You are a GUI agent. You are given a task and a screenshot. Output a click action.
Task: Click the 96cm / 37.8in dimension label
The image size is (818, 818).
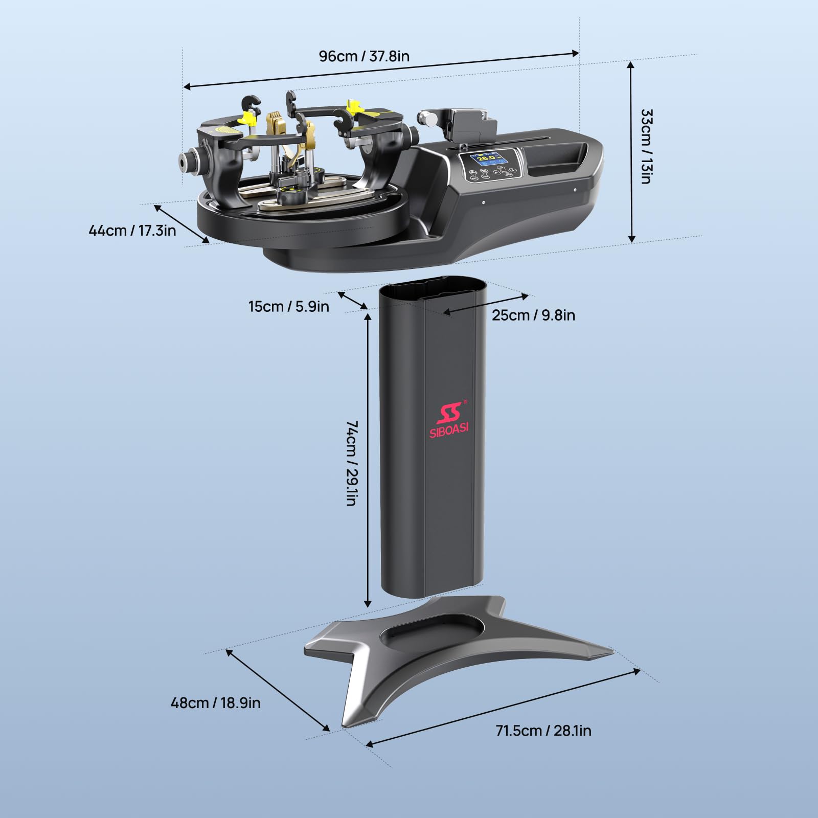(364, 56)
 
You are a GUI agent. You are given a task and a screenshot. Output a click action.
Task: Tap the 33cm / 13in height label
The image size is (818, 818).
(646, 146)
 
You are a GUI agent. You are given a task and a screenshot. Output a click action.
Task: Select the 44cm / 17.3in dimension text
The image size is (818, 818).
(132, 231)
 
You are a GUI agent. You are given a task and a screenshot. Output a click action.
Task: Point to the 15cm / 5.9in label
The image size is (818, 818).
(289, 307)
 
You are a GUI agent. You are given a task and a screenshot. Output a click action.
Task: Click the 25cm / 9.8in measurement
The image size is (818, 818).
(534, 315)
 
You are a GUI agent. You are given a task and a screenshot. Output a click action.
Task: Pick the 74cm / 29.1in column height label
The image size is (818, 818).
(352, 463)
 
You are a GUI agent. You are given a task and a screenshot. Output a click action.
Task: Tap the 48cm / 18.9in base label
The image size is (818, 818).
(216, 703)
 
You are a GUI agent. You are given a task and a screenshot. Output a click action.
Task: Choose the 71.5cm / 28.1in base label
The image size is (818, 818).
(543, 731)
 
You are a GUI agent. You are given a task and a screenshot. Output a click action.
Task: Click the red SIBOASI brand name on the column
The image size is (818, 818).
(449, 430)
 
